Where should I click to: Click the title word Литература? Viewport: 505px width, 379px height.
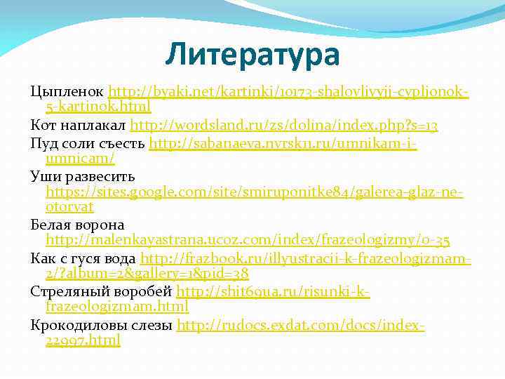tap(252, 54)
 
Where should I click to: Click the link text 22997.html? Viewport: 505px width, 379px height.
tap(83, 340)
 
